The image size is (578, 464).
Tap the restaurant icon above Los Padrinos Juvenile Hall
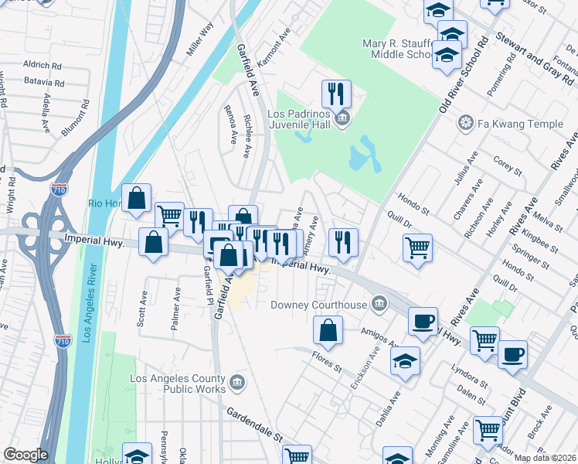[x=336, y=94]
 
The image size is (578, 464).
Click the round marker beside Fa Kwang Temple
[x=466, y=122]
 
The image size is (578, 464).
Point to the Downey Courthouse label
[x=318, y=305]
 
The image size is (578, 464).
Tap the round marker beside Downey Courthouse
[x=379, y=303]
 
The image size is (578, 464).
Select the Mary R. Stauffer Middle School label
[x=398, y=49]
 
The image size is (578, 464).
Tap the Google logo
[x=25, y=455]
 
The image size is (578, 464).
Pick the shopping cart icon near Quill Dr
[x=417, y=247]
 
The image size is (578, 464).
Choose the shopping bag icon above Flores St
[x=328, y=329]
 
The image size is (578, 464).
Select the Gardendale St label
[x=254, y=425]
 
